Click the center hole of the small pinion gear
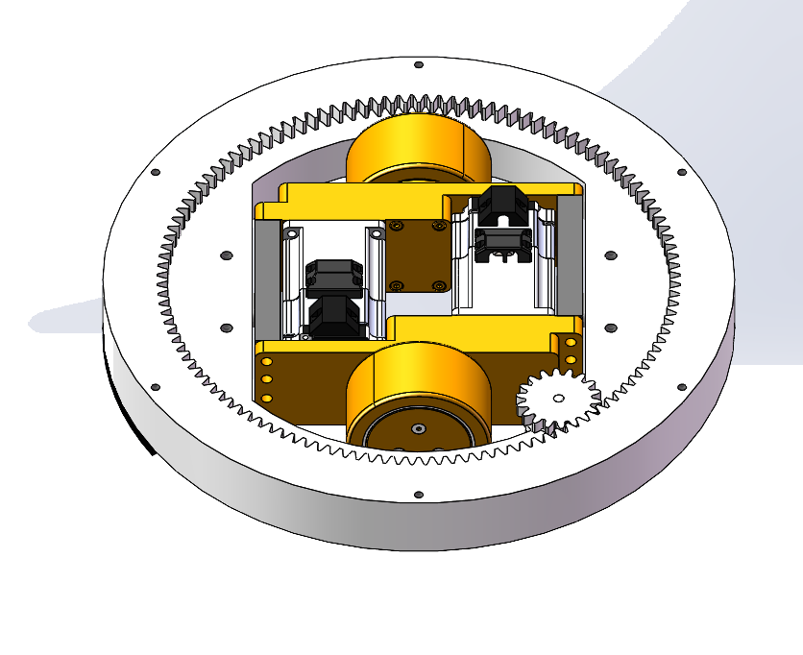(558, 398)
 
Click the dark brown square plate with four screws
(416, 255)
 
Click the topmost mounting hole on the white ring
(418, 65)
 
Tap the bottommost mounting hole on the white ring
(418, 496)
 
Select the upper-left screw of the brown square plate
(395, 228)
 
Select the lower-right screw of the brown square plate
(438, 285)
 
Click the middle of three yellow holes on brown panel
(268, 379)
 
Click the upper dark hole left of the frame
(226, 255)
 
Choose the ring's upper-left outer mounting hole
(156, 173)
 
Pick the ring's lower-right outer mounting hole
(682, 388)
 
